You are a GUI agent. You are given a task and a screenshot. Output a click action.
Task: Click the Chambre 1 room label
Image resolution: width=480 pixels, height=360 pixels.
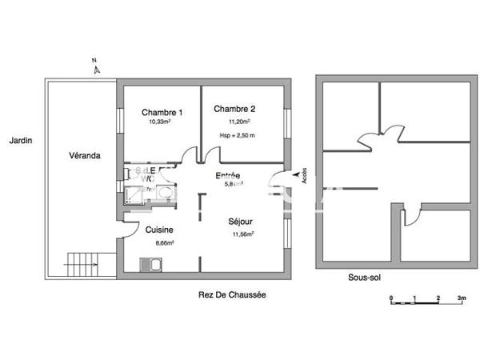tap(162, 112)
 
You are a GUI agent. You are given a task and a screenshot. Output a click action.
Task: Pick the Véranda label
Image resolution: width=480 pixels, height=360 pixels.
tap(84, 156)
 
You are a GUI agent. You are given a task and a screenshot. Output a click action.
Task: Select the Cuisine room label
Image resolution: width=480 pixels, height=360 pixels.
tap(159, 230)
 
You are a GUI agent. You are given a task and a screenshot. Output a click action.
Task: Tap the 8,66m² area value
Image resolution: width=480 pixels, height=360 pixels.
tap(165, 242)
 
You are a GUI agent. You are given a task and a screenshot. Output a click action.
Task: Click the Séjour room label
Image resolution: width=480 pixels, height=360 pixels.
tap(241, 222)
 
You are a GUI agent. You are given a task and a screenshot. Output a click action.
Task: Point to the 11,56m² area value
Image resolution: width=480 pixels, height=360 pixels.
tap(242, 234)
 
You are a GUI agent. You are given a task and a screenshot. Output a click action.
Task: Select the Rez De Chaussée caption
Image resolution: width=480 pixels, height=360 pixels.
tap(232, 294)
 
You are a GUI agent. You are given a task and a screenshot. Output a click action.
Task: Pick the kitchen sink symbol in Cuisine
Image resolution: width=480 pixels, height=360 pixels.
tap(148, 264)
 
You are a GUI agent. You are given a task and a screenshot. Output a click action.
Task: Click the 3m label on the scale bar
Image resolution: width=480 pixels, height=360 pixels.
tap(462, 298)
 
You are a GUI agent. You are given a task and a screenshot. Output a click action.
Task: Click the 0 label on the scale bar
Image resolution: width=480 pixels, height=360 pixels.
tap(391, 298)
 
